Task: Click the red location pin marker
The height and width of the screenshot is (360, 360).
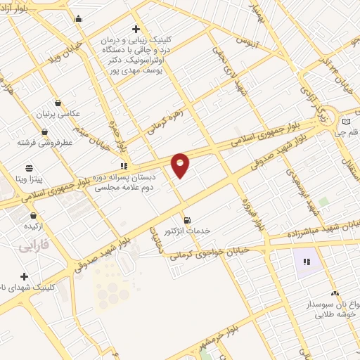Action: pos(181,165)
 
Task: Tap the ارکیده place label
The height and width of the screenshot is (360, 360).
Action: pos(35,226)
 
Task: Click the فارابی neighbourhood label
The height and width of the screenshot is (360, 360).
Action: pos(32,247)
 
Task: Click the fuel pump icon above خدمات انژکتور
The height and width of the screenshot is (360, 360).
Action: pos(186,218)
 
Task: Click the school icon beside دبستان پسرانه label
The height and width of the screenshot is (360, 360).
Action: pos(124,167)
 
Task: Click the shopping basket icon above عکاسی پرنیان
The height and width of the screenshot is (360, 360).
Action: pos(58,102)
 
